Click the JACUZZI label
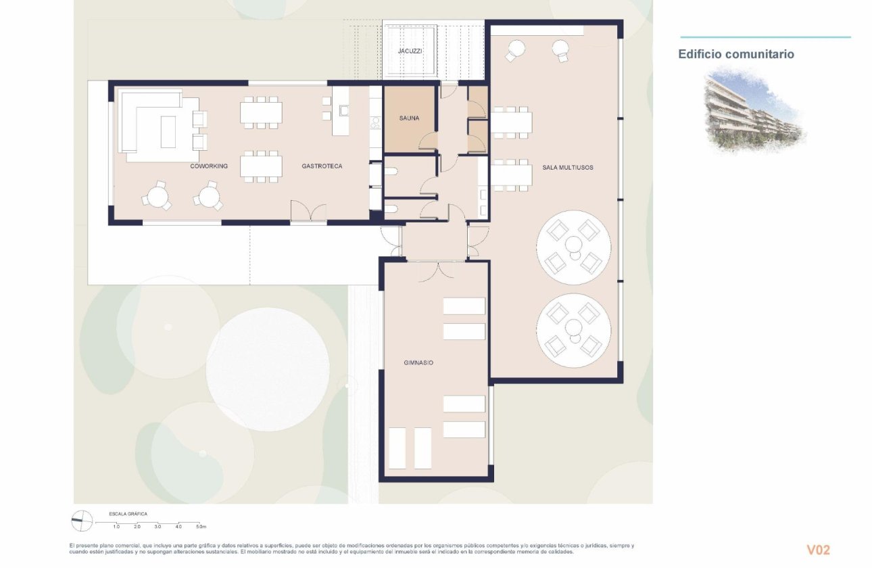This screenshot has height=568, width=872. (409, 51)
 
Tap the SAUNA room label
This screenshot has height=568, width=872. (409, 118)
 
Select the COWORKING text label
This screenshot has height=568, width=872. (209, 166)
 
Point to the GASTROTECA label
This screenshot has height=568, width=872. (322, 166)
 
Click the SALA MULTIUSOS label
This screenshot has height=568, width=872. (567, 167)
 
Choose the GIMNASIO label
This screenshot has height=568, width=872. (414, 363)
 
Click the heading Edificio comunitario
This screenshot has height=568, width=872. (736, 54)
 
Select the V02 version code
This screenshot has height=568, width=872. (818, 550)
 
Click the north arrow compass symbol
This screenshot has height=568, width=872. (82, 520)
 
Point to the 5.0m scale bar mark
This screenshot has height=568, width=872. (200, 526)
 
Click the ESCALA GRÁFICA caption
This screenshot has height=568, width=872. (128, 514)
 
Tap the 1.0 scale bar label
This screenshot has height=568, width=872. (116, 526)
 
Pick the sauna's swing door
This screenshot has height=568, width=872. (428, 141)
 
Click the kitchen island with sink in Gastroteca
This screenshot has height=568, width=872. (341, 110)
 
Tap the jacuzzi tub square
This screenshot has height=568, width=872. (410, 51)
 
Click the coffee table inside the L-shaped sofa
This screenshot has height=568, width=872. (168, 131)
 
